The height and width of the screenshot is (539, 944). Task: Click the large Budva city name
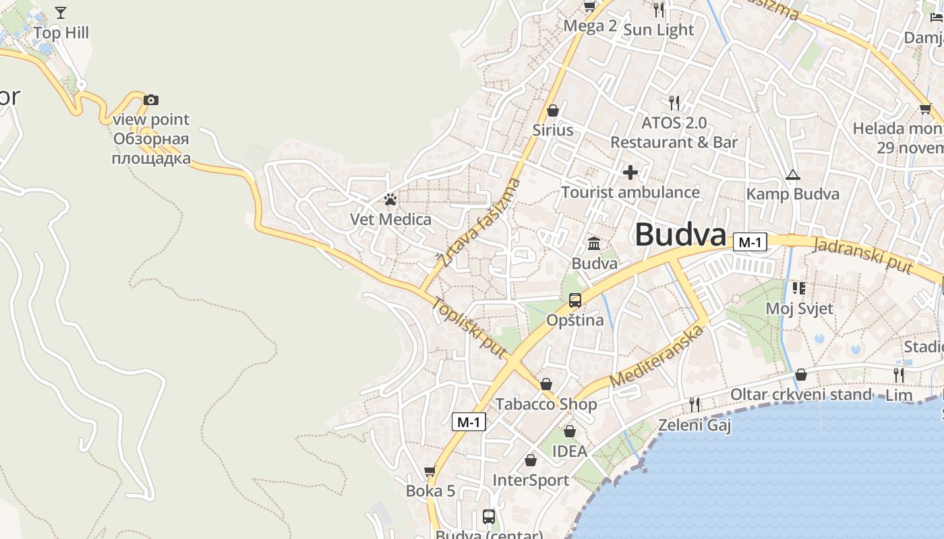[x=680, y=235]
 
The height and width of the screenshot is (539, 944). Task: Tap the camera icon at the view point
[x=151, y=100]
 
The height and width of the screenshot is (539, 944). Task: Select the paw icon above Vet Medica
[x=390, y=199]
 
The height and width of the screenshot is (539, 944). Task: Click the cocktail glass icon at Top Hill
[x=61, y=13]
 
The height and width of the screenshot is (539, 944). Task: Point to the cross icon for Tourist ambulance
[x=630, y=173]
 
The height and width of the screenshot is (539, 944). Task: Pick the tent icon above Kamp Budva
[x=793, y=175]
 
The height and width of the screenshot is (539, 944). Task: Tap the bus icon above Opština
[x=575, y=300]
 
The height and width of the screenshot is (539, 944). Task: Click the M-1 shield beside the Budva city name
[x=750, y=242]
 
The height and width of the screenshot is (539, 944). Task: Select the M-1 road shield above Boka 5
[x=469, y=422]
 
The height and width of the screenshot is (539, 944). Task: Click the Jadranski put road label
[x=862, y=255]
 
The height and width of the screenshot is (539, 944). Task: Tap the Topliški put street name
[x=470, y=327]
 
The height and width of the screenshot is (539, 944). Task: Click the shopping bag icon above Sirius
[x=553, y=110]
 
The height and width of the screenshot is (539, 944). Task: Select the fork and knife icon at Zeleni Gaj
[x=695, y=405]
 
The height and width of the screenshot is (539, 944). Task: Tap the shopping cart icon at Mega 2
[x=589, y=7]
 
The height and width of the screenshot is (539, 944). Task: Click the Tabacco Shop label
[x=546, y=404]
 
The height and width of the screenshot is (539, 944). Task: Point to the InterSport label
[x=531, y=480]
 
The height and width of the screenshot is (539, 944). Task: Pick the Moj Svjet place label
[x=800, y=309]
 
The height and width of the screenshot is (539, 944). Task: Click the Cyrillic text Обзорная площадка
[x=151, y=149]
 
